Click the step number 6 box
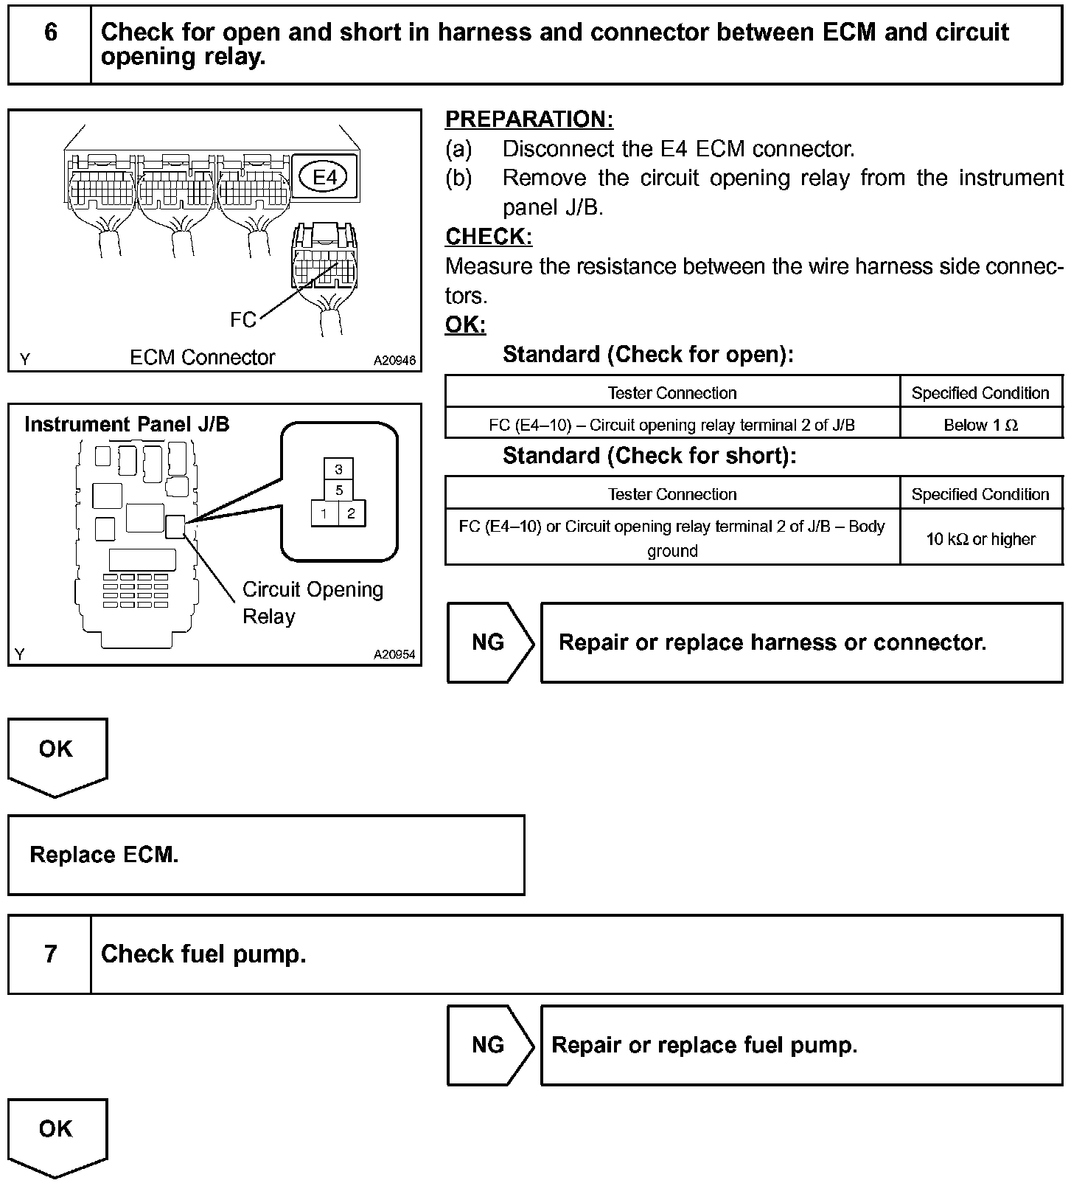point(50,44)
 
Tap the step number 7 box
point(50,954)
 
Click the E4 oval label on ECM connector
point(325,177)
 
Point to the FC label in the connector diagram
point(243,319)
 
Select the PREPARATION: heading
point(529,119)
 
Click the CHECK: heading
point(489,237)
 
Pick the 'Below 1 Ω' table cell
point(980,425)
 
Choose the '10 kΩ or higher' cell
point(980,539)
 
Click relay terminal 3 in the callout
point(338,469)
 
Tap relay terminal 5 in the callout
point(338,490)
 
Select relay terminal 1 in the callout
point(324,513)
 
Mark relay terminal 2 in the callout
point(352,513)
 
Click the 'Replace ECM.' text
point(104,855)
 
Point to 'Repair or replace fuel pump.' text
point(704,1045)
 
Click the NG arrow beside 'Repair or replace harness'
point(489,642)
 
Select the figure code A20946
point(394,361)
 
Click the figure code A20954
point(394,654)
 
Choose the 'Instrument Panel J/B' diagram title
point(127,425)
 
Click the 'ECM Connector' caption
point(202,358)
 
